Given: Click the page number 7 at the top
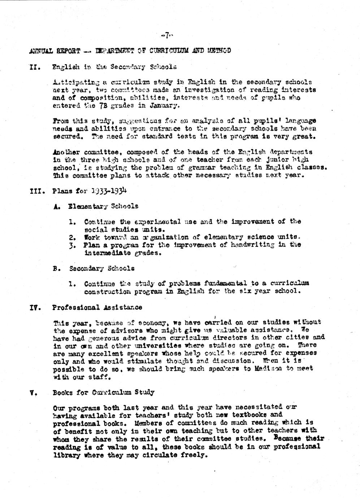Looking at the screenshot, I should coord(167,35).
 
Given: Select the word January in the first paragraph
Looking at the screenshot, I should coord(164,106).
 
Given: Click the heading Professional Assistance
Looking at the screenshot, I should coord(97,307).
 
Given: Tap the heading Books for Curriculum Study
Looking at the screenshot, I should coord(103,392).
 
